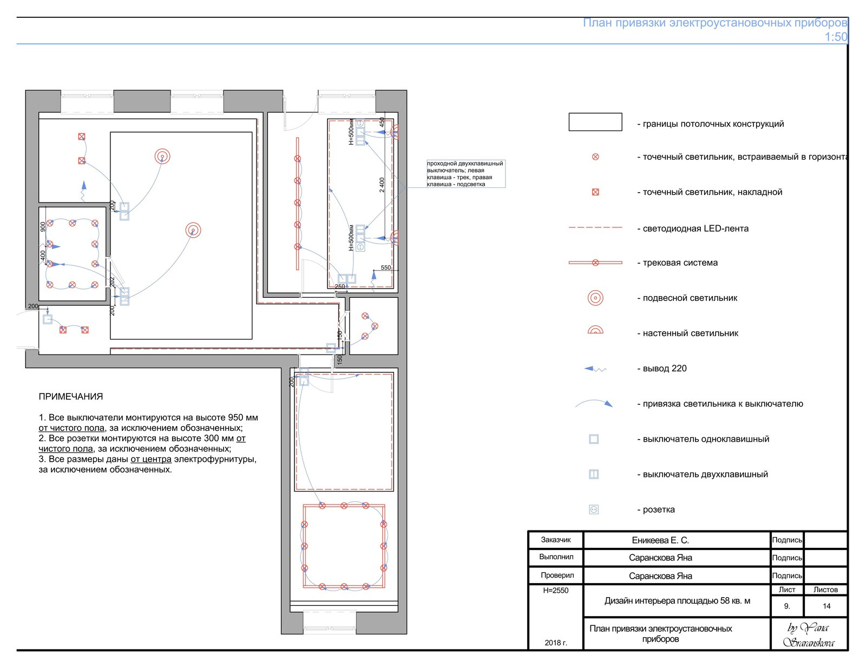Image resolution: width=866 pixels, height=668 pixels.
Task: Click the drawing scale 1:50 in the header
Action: pyautogui.click(x=836, y=37)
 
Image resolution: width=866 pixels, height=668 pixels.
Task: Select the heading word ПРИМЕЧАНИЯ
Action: pyautogui.click(x=70, y=397)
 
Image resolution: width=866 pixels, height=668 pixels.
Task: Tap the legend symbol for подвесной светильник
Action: pyautogui.click(x=595, y=298)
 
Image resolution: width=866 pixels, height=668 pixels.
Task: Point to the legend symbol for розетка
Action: pyautogui.click(x=594, y=509)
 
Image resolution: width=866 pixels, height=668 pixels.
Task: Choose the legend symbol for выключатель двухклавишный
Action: pyautogui.click(x=594, y=474)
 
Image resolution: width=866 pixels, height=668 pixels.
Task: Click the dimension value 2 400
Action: pyautogui.click(x=382, y=185)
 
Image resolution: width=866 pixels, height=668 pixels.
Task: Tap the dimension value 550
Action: pyautogui.click(x=386, y=267)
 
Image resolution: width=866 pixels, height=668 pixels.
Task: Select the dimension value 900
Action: pyautogui.click(x=43, y=227)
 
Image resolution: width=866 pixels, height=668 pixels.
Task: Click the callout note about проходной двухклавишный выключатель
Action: pyautogui.click(x=465, y=174)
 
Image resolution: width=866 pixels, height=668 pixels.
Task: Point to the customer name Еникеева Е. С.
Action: pyautogui.click(x=660, y=540)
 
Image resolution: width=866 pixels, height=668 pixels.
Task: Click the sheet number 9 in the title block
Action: pyautogui.click(x=787, y=606)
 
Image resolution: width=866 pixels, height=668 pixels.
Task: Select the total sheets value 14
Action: pyautogui.click(x=826, y=606)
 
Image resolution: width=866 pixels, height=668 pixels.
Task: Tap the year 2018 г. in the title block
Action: pyautogui.click(x=556, y=643)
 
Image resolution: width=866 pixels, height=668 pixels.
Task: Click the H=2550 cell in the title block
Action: pyautogui.click(x=556, y=590)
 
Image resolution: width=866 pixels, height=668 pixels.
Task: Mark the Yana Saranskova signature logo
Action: pyautogui.click(x=809, y=634)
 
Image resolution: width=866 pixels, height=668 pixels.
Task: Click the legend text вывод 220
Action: pyautogui.click(x=662, y=368)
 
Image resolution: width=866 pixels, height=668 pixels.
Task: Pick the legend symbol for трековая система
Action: pyautogui.click(x=595, y=263)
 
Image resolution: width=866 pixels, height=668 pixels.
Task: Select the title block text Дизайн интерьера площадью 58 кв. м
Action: pyautogui.click(x=677, y=601)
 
